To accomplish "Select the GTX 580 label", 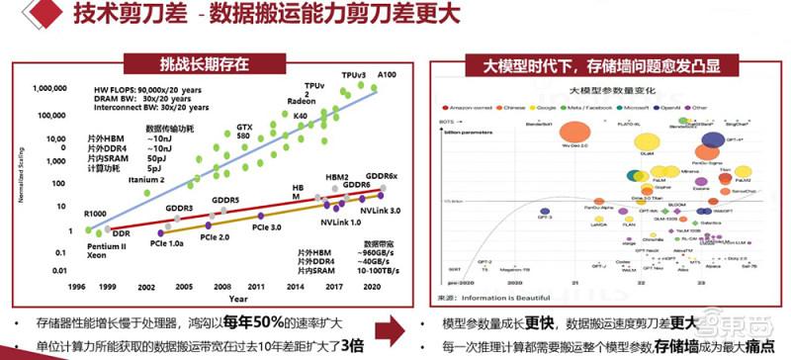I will pyautogui.click(x=245, y=133).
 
